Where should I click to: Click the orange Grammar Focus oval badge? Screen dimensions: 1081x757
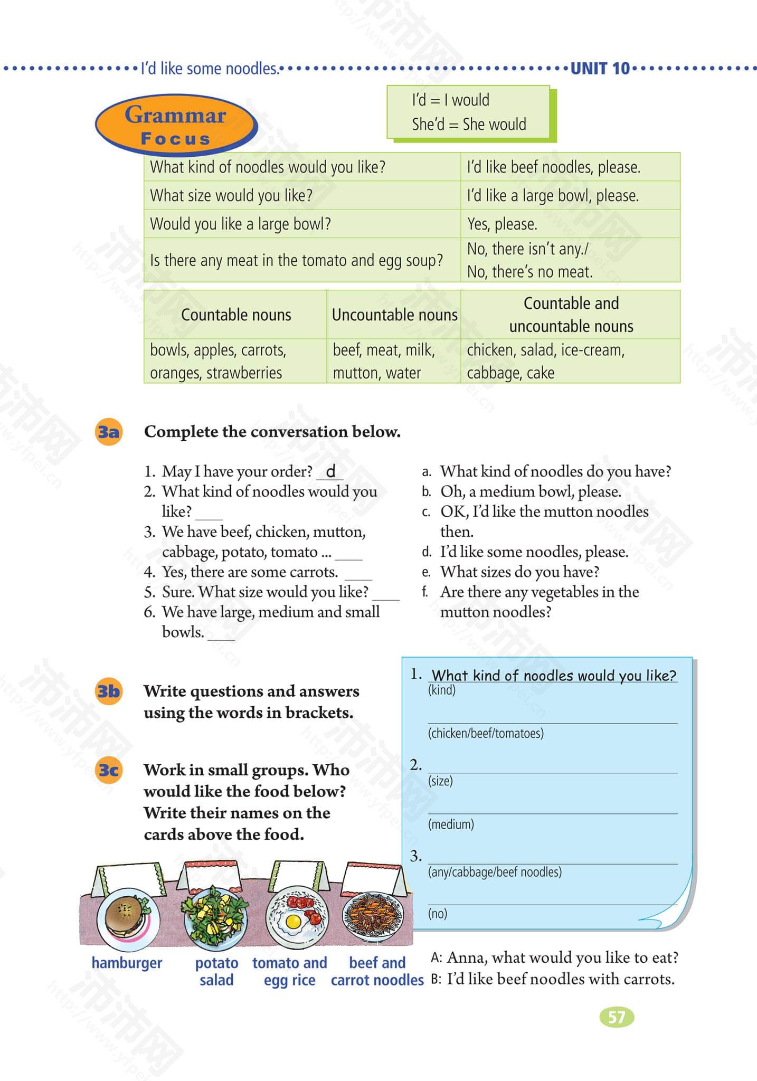[x=175, y=125]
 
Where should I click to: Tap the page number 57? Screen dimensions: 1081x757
[x=616, y=1017]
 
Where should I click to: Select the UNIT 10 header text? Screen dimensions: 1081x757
[x=600, y=69]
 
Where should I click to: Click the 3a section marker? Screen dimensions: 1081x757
[x=108, y=432]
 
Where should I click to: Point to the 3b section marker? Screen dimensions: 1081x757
[x=108, y=691]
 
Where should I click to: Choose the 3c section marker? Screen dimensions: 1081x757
[x=108, y=770]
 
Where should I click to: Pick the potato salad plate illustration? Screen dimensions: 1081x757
[x=215, y=916]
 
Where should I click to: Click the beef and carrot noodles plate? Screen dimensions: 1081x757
[x=373, y=916]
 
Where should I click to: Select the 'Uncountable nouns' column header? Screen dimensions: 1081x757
[x=394, y=315]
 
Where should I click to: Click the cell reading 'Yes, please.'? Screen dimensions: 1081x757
[x=502, y=224]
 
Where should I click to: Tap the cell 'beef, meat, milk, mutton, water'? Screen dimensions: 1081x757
[x=384, y=362]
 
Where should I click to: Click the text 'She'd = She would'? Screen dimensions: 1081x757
[x=469, y=125]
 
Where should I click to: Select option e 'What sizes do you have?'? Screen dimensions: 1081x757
[x=519, y=572]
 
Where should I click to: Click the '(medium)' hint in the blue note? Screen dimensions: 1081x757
[x=451, y=824]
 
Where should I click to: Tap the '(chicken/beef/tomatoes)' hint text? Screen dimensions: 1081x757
[x=486, y=733]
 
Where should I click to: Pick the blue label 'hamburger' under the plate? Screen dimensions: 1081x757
[x=127, y=963]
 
